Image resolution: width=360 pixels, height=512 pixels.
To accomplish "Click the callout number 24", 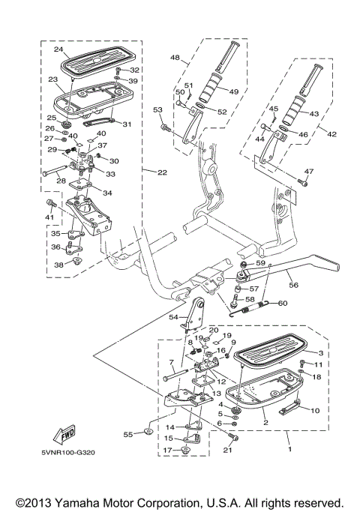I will pos(57,50).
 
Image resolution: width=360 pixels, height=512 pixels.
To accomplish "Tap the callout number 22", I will pos(161,172).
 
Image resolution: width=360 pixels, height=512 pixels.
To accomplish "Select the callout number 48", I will pos(174,58).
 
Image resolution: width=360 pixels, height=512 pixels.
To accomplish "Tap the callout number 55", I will pos(127,434).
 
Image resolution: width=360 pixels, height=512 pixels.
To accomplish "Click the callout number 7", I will pos(171,362).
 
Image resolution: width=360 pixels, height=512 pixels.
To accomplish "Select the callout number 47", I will pos(308,172).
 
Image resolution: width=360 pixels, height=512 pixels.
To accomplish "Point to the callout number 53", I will pos(157,110).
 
